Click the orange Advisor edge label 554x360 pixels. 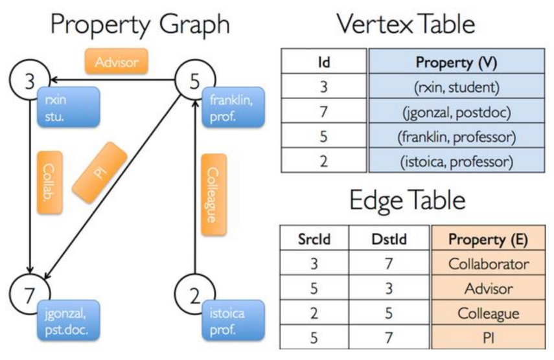click(x=116, y=62)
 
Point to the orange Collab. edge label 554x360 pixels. click(x=50, y=183)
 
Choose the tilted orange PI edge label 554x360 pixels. click(x=100, y=173)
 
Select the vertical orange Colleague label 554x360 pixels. click(x=213, y=194)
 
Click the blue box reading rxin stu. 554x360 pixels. click(x=69, y=107)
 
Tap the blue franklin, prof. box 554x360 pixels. click(x=233, y=107)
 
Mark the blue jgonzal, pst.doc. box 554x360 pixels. click(x=69, y=321)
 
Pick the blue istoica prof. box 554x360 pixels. click(x=233, y=321)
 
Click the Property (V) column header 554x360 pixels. click(x=457, y=62)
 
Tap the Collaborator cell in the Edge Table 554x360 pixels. click(x=489, y=263)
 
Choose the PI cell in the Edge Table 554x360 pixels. click(x=489, y=337)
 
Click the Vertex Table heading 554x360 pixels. click(x=406, y=24)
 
